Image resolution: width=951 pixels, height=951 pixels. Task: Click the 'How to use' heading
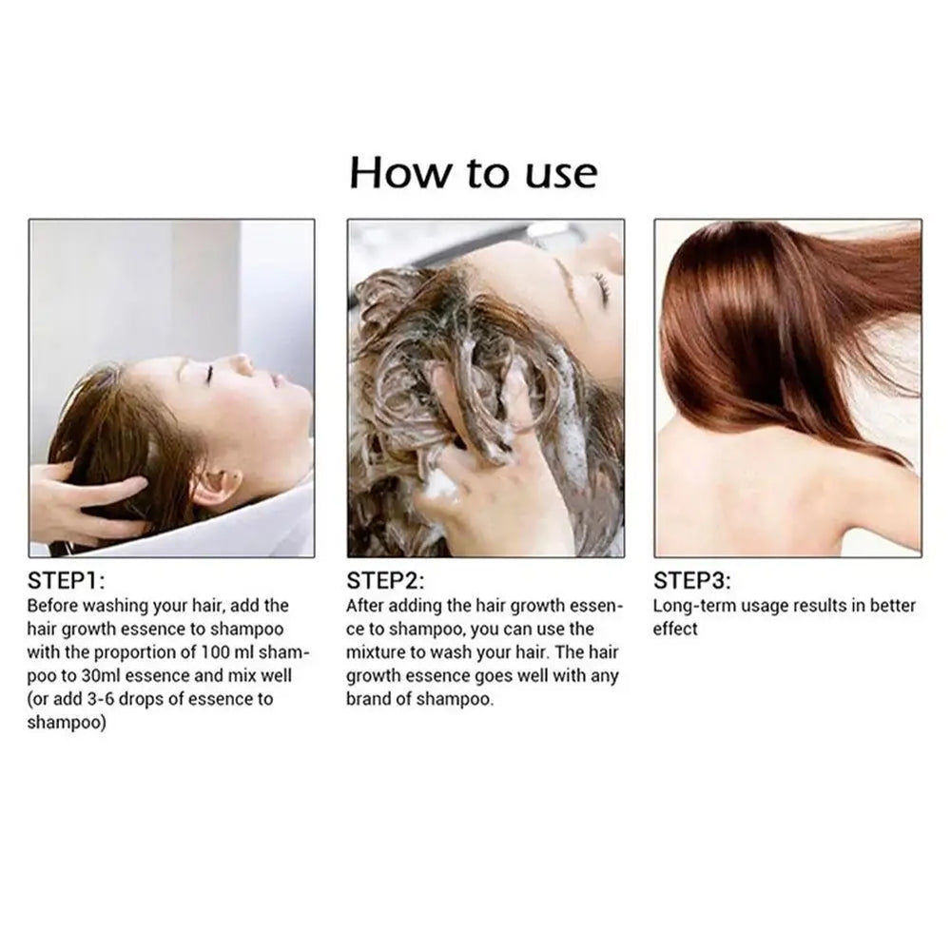click(474, 173)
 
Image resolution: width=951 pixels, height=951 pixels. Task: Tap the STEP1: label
click(72, 581)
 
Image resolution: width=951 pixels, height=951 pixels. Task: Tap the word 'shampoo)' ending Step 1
click(67, 723)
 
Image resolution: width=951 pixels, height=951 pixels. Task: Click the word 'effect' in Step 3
click(675, 629)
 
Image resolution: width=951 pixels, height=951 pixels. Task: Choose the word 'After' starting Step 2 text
click(367, 606)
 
